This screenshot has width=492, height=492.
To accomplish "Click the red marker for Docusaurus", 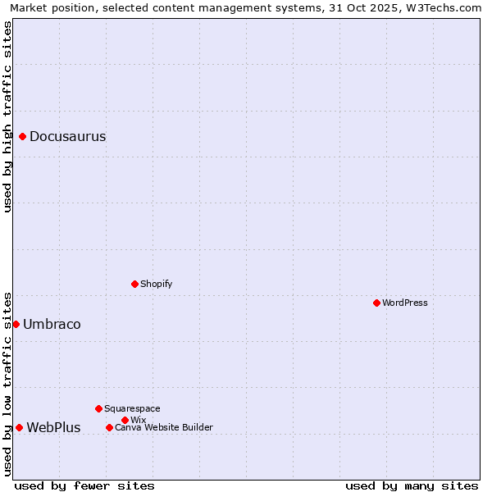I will coord(23,136).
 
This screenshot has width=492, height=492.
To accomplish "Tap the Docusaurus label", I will coord(67,137).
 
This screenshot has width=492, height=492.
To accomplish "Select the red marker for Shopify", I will coord(134,284).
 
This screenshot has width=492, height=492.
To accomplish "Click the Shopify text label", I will coord(156,284).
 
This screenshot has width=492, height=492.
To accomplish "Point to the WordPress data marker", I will coord(376,303).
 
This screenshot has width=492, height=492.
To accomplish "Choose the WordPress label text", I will coord(405,303).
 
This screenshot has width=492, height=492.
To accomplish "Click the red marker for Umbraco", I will coord(16,324).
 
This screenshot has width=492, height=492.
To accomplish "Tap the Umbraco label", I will coord(52,325).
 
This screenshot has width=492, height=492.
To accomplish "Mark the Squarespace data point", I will coord(98,408).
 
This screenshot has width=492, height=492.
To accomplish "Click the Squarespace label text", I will coord(132,408).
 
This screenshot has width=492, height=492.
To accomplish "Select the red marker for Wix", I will coord(125,420).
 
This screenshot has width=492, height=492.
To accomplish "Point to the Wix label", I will coord(138,420).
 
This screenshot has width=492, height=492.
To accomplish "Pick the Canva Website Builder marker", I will coord(109,427).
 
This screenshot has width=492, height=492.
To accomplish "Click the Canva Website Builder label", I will coord(164,427).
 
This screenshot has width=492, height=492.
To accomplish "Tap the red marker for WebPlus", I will coord(19,427).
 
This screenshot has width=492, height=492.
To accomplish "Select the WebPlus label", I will coord(53,428).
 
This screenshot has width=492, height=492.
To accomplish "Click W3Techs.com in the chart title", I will coord(448,7).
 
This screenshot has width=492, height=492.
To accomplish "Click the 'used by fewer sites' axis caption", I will coord(84,485).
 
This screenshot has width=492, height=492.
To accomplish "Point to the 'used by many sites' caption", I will coord(412,485).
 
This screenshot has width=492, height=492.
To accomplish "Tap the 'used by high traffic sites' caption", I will coord(7,116).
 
